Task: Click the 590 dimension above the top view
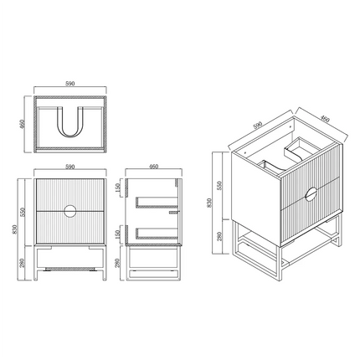click(69, 85)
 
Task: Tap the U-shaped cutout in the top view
click(69, 125)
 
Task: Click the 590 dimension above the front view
click(69, 166)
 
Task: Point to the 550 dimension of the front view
click(23, 209)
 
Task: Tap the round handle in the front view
click(69, 208)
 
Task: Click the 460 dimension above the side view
click(154, 166)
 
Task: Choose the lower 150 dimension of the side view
click(123, 229)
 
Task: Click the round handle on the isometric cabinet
click(311, 194)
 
